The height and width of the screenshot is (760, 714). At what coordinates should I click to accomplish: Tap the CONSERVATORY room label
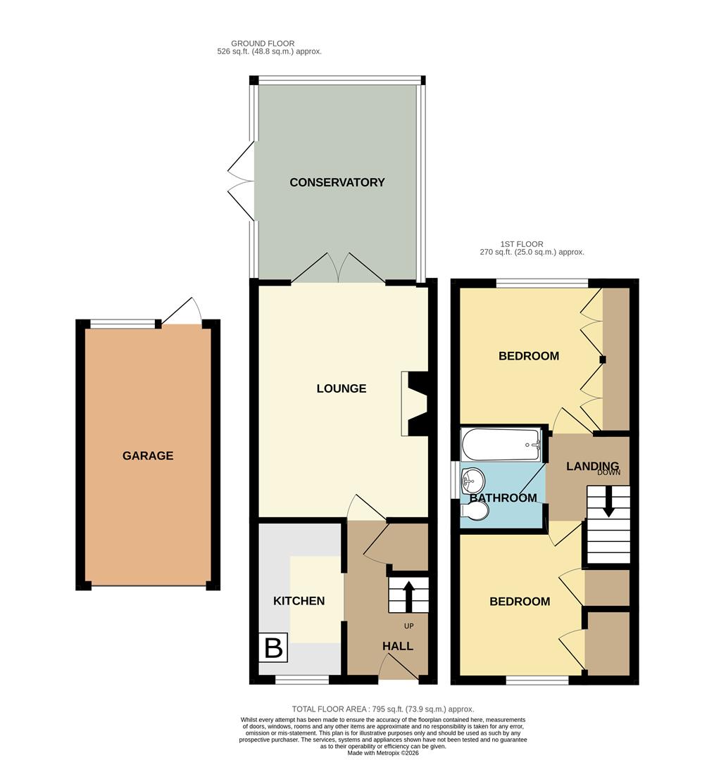tap(337, 182)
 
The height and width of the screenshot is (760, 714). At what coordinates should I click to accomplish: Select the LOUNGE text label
tap(342, 388)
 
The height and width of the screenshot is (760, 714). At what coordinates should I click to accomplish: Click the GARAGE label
tap(148, 456)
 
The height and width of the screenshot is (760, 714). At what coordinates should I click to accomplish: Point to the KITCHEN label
tap(299, 601)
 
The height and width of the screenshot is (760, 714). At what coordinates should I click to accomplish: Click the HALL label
tap(398, 646)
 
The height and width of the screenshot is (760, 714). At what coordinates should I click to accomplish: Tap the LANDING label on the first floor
tap(592, 466)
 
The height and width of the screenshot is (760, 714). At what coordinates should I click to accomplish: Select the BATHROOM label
tap(503, 498)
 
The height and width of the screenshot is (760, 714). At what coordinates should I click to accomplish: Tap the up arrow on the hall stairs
tap(407, 595)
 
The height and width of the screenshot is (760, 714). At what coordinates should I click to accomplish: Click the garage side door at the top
tap(182, 311)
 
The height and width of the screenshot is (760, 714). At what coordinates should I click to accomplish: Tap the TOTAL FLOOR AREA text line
tap(383, 709)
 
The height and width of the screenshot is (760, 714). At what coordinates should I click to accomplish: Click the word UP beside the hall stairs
tap(408, 626)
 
